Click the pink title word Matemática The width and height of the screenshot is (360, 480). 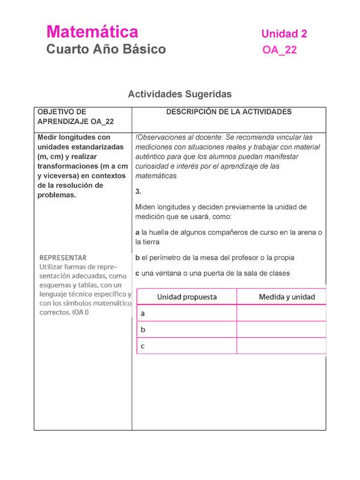[x=92, y=32]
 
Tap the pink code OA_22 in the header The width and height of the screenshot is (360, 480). [x=279, y=50]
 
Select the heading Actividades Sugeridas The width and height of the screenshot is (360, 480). [x=179, y=94]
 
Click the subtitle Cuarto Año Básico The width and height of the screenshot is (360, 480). [x=106, y=49]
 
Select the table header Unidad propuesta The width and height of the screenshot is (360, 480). [x=187, y=296]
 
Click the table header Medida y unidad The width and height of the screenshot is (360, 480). [x=286, y=296]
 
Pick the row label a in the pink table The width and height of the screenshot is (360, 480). [x=143, y=313]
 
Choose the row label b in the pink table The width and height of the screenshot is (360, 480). [x=143, y=329]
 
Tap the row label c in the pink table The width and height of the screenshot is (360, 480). [x=143, y=346]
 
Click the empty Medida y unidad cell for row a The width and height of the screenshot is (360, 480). [x=282, y=313]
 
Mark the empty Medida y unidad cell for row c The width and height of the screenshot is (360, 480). [x=282, y=346]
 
